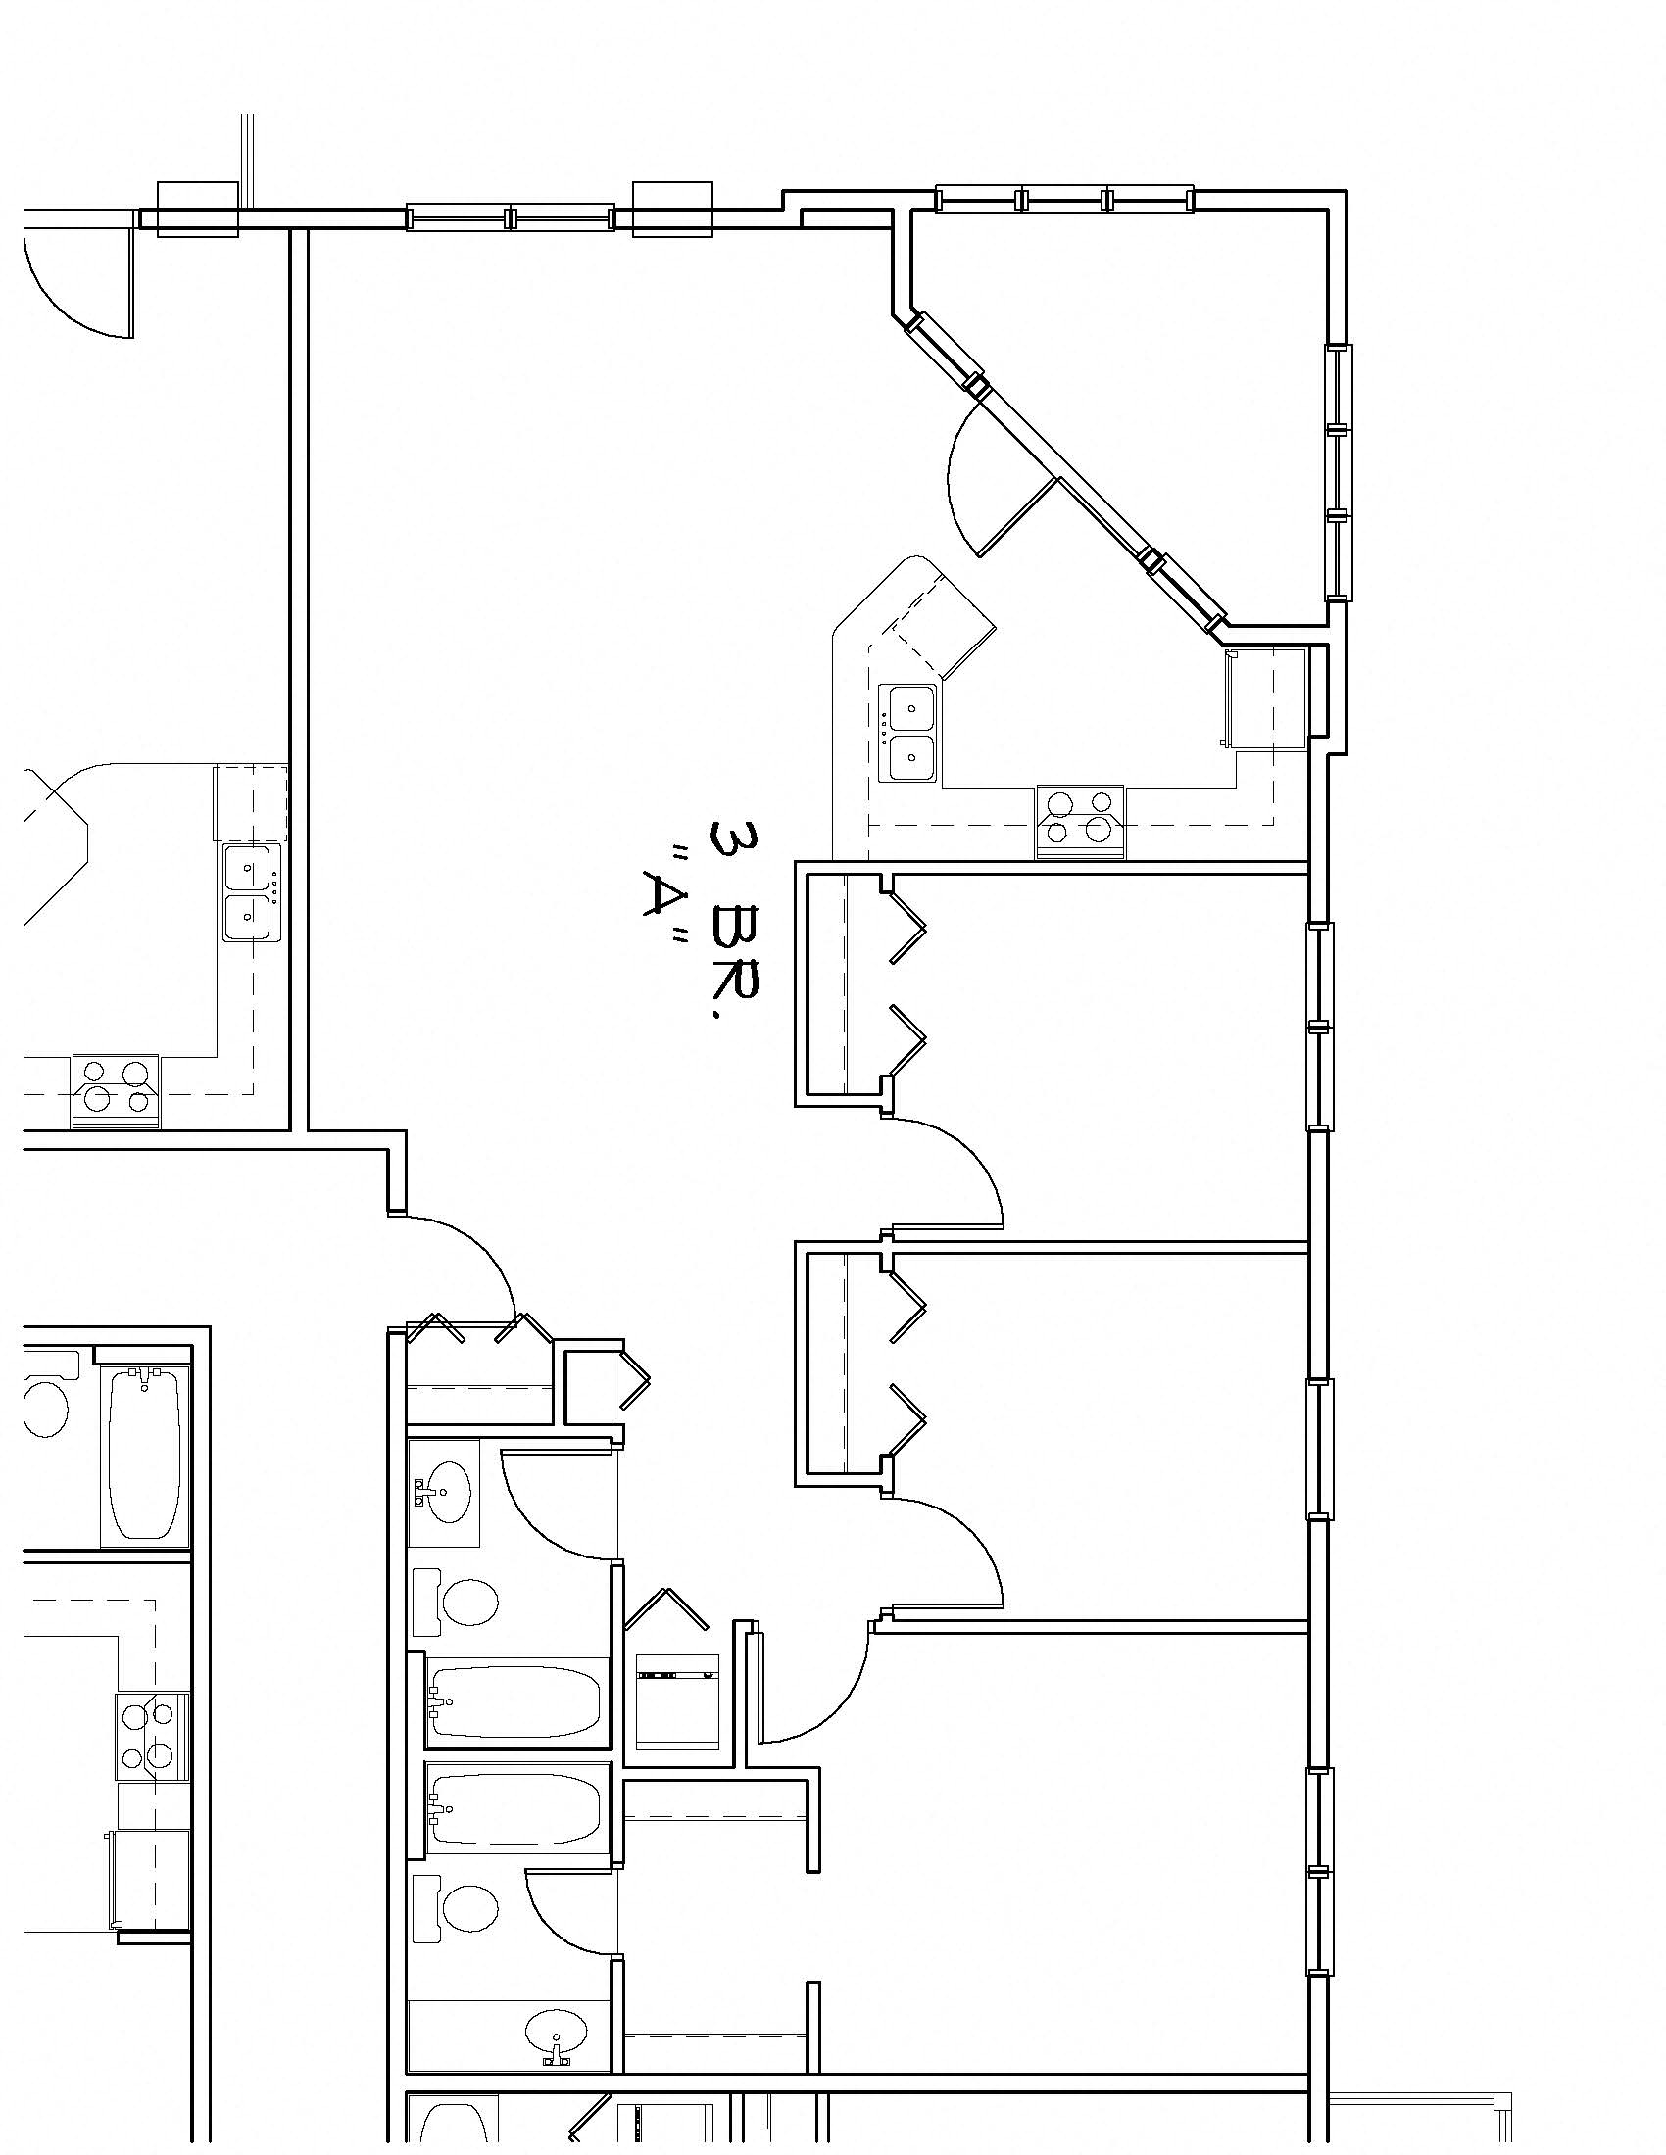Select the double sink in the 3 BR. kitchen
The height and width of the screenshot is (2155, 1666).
pos(909,733)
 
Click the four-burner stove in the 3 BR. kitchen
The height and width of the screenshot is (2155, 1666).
pos(1080,821)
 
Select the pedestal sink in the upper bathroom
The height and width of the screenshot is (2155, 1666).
pos(444,1492)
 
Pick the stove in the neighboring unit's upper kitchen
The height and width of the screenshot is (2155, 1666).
pos(115,1090)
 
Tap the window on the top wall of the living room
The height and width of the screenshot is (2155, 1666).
pos(511,217)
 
